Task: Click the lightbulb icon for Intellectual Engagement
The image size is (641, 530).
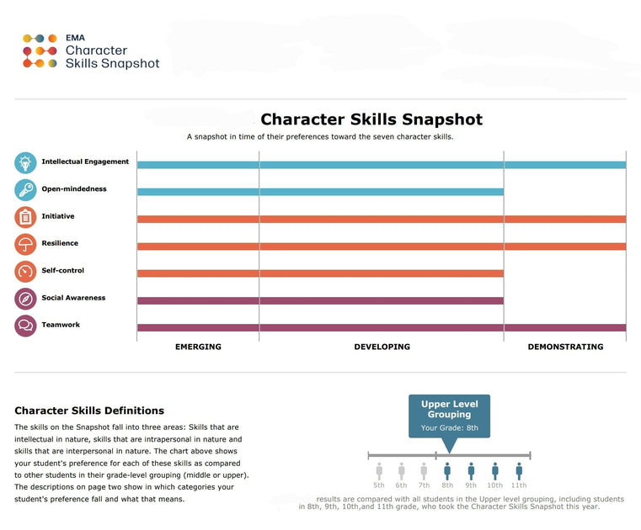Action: coord(25,162)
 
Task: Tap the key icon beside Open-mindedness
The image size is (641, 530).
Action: coord(25,190)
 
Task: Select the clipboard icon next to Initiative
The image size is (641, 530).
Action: coord(25,217)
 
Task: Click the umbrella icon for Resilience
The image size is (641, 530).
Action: coord(25,244)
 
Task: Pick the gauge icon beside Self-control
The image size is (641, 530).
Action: coord(25,272)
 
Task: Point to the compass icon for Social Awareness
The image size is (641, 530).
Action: coord(25,299)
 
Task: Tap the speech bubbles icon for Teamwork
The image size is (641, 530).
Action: coord(25,326)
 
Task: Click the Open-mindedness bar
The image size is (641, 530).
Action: coord(320,192)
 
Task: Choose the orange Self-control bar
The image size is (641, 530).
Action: coord(320,273)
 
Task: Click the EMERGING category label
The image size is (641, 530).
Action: coord(198,347)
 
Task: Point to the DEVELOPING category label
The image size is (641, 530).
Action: coord(382,347)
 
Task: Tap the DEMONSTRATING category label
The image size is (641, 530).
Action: coord(565,347)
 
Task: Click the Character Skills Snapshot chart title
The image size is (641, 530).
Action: coord(371,120)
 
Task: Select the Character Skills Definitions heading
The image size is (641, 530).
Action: coord(89,411)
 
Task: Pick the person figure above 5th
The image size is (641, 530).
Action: coord(379,471)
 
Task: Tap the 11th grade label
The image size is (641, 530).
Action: coord(519,485)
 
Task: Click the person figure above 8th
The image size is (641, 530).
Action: coord(447,471)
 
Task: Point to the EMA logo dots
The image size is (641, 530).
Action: coord(40,50)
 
